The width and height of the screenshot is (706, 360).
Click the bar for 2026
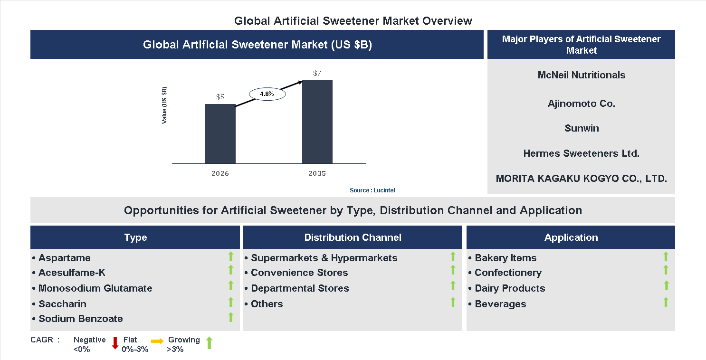tap(220, 134)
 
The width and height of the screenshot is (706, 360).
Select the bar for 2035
tap(317, 122)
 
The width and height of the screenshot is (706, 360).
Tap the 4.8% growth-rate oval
tap(267, 94)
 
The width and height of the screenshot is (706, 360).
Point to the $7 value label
tap(317, 73)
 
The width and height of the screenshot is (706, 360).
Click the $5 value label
tap(220, 97)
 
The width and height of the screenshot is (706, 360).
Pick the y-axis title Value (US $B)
tap(164, 105)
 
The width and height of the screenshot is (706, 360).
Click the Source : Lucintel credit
tap(372, 190)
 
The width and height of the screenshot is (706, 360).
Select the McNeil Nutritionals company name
tap(581, 75)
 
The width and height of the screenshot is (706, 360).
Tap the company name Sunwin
tap(581, 128)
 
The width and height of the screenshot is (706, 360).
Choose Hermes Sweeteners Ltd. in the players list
tap(581, 153)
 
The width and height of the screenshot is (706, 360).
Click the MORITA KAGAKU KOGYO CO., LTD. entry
tap(581, 179)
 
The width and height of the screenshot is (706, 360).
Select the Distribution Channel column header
tap(353, 237)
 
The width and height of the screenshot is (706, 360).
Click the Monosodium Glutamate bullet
tap(95, 288)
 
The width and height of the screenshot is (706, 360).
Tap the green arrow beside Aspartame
tap(231, 257)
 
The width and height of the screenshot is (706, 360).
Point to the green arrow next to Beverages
tap(666, 302)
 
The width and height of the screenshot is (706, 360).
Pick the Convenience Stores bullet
tap(299, 273)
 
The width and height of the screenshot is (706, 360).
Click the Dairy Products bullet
tap(510, 288)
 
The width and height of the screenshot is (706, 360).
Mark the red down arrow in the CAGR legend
tap(115, 343)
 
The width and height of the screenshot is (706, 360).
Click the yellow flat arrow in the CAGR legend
tap(157, 341)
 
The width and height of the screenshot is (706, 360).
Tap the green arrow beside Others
tap(453, 302)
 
